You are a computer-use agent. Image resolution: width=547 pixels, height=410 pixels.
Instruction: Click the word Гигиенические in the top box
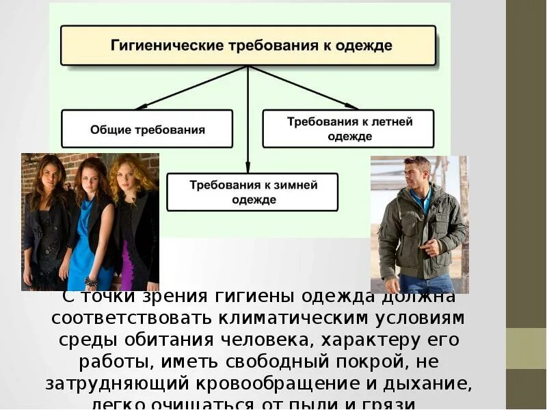pyautogui.click(x=160, y=46)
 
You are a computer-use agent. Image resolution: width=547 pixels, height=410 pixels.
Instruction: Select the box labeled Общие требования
pyautogui.click(x=148, y=129)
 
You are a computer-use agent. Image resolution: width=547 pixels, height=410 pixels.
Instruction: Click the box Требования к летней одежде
pyautogui.click(x=349, y=128)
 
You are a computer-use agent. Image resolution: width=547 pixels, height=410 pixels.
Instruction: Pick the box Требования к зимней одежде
pyautogui.click(x=252, y=192)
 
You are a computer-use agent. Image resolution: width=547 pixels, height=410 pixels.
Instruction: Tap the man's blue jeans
pyautogui.click(x=424, y=284)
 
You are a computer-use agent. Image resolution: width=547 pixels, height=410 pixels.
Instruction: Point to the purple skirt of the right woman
pyautogui.click(x=127, y=263)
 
